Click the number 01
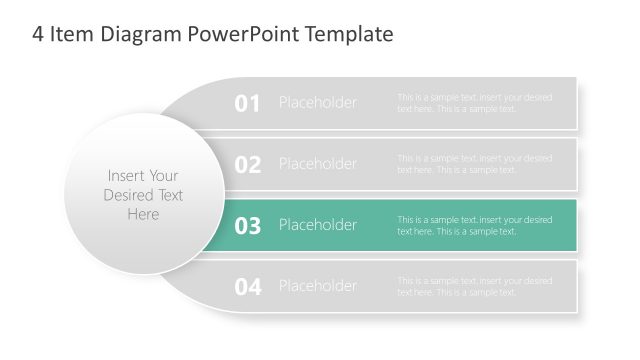coord(247,103)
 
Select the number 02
coord(247,164)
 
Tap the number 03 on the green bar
coord(247,226)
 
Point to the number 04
coord(247,287)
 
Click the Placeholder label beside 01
coord(317,103)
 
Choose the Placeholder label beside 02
coord(317,164)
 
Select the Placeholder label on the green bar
coord(317,225)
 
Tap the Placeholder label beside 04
coord(317,286)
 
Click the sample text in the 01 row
coord(474,103)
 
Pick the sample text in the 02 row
coord(474,164)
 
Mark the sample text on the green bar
coord(474,225)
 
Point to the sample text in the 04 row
coord(474,286)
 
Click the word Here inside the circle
coord(143,214)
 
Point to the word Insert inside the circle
coord(126,176)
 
